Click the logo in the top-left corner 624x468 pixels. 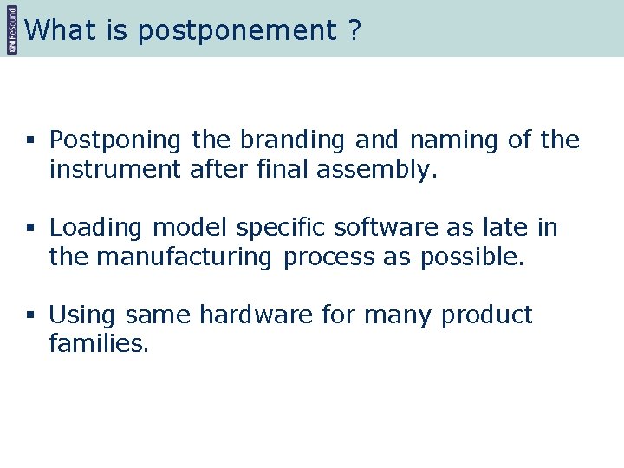pos(11,29)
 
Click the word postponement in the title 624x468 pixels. pos(236,31)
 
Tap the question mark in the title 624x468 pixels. pos(354,30)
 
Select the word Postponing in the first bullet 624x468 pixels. pos(116,140)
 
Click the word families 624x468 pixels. pos(100,345)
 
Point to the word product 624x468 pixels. pos(487,315)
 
